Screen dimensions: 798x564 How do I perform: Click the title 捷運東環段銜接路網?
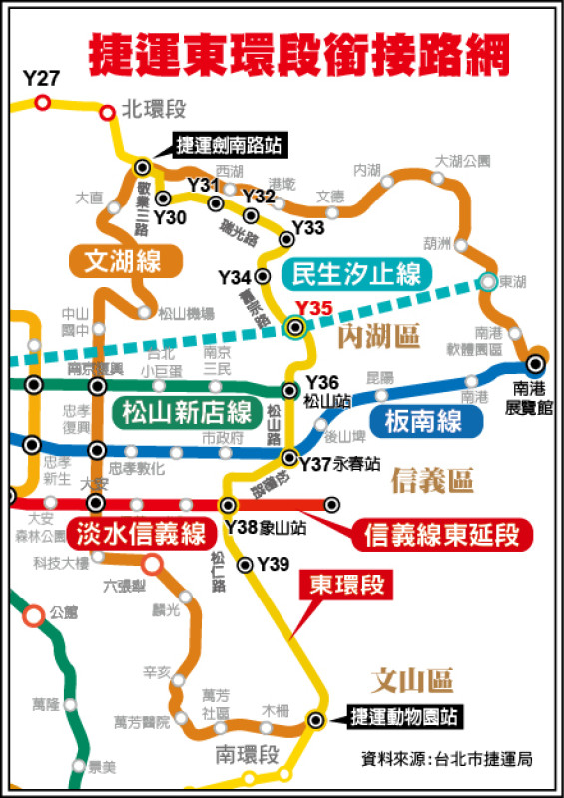click(300, 53)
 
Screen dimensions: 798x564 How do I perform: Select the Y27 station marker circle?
click(43, 102)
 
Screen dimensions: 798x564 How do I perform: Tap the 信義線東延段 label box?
click(442, 534)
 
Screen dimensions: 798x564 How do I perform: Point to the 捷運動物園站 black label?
click(403, 716)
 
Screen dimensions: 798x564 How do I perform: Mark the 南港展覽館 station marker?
click(537, 364)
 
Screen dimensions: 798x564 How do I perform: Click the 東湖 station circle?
click(487, 282)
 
